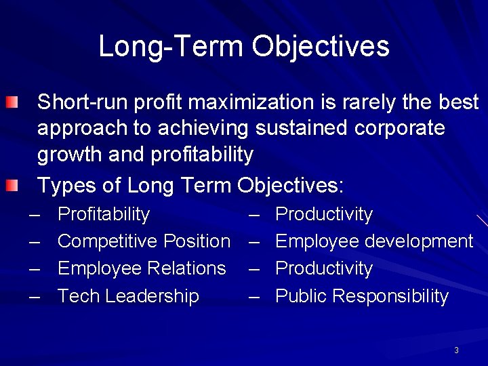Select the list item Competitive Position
[144, 241]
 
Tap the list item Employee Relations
[142, 268]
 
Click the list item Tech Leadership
[128, 296]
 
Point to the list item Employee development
[374, 241]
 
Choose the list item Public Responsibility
[362, 296]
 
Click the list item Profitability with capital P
[104, 214]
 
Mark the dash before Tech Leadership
[35, 296]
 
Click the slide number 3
[456, 350]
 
